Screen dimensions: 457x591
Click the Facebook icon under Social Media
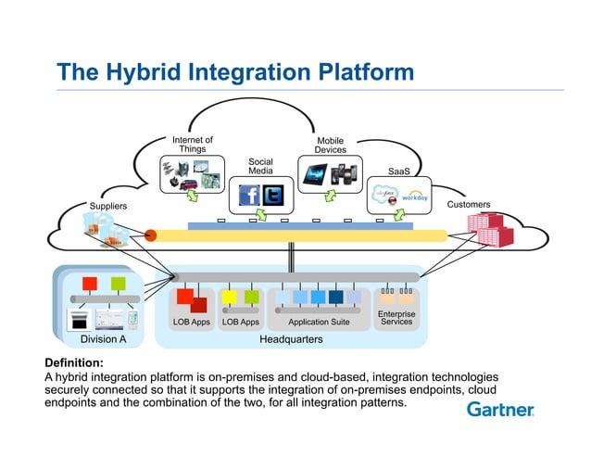249,196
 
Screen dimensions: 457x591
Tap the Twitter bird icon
274,196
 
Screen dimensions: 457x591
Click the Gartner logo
500,409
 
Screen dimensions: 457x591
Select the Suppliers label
107,206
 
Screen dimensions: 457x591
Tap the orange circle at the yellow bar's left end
151,235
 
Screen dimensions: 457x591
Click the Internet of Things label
193,145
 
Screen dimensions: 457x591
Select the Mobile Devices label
331,146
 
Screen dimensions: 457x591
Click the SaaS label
398,171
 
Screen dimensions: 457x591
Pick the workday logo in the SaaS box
413,197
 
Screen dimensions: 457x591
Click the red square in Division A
90,283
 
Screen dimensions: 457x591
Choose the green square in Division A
118,283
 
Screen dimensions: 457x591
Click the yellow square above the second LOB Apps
228,297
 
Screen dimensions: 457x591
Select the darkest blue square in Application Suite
335,297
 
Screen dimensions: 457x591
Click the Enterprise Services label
396,318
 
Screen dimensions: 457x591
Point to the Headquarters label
294,340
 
